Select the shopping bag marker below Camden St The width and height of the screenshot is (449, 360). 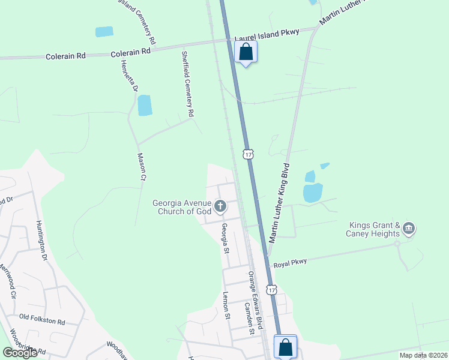[x=285, y=347]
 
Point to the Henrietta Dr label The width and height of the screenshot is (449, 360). [x=129, y=76]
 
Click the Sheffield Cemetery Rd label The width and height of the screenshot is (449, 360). [x=187, y=83]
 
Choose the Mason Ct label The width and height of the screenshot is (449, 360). [x=142, y=166]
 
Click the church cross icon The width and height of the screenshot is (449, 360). [x=220, y=207]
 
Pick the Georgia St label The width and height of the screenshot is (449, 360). [x=225, y=238]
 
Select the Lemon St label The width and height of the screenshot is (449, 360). [x=226, y=305]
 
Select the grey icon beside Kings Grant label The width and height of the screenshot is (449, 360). [x=409, y=229]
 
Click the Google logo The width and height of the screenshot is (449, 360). [x=20, y=353]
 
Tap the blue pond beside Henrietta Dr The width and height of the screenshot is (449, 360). [x=145, y=105]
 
